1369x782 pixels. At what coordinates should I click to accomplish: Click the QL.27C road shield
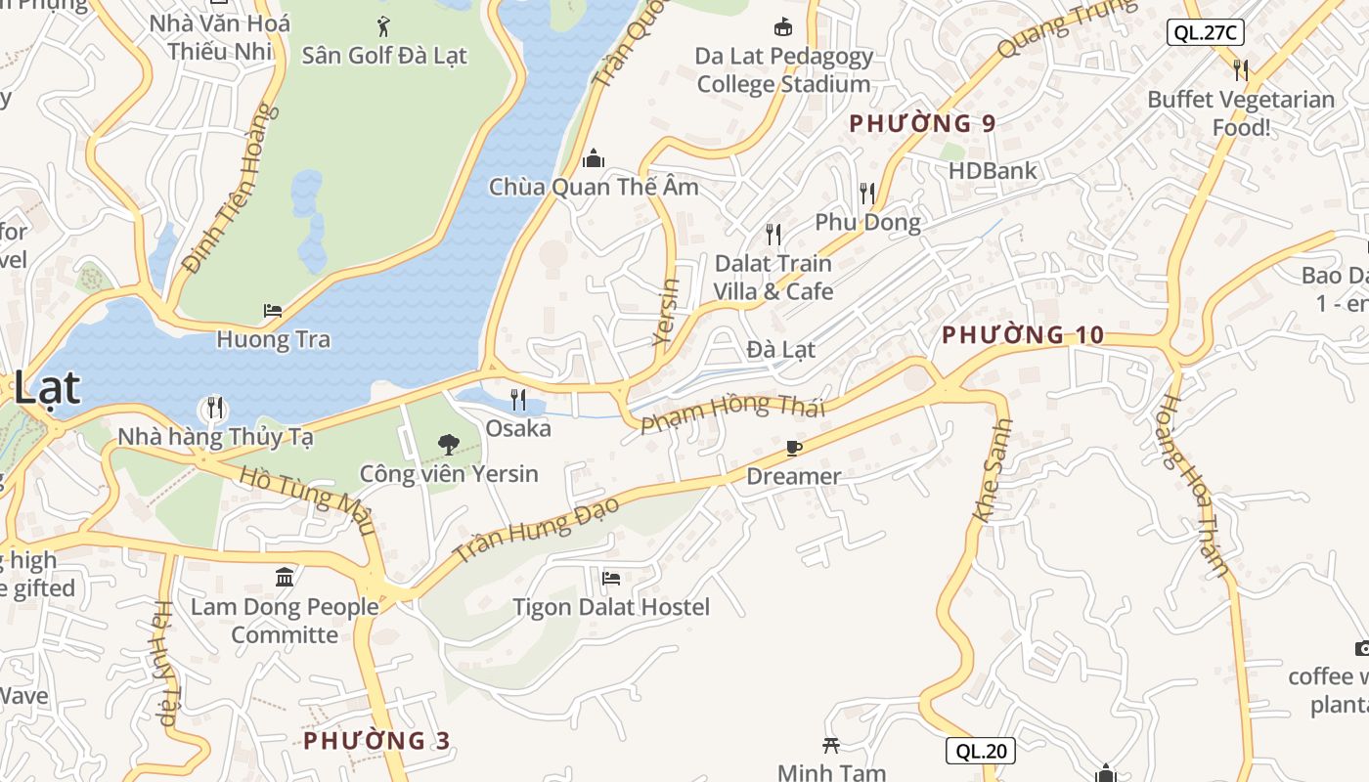[1206, 32]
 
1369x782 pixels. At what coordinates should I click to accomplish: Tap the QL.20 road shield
[981, 751]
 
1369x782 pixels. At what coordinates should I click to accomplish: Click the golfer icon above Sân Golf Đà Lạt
[383, 26]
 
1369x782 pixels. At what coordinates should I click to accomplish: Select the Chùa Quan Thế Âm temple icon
[593, 158]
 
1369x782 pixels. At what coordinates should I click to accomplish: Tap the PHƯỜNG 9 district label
[922, 124]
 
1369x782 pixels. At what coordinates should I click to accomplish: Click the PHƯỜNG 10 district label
[1023, 335]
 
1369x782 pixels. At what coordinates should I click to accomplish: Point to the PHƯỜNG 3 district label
[376, 741]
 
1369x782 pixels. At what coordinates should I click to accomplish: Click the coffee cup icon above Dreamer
[793, 448]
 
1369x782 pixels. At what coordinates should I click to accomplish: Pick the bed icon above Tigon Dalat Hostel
[611, 579]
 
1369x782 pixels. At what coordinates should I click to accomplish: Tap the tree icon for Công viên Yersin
[448, 445]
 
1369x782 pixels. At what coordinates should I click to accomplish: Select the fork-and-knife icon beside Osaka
[518, 399]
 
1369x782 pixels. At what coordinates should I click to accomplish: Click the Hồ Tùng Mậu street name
[308, 500]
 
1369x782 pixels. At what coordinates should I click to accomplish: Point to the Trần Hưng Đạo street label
[538, 529]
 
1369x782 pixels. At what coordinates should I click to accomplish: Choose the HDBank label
[993, 170]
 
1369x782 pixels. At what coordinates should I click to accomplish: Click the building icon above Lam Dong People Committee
[285, 577]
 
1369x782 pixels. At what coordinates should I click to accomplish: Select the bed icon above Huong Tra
[273, 311]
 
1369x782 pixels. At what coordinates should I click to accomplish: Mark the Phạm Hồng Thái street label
[733, 413]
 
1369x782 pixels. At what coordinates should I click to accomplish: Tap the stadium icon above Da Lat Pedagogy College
[782, 26]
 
